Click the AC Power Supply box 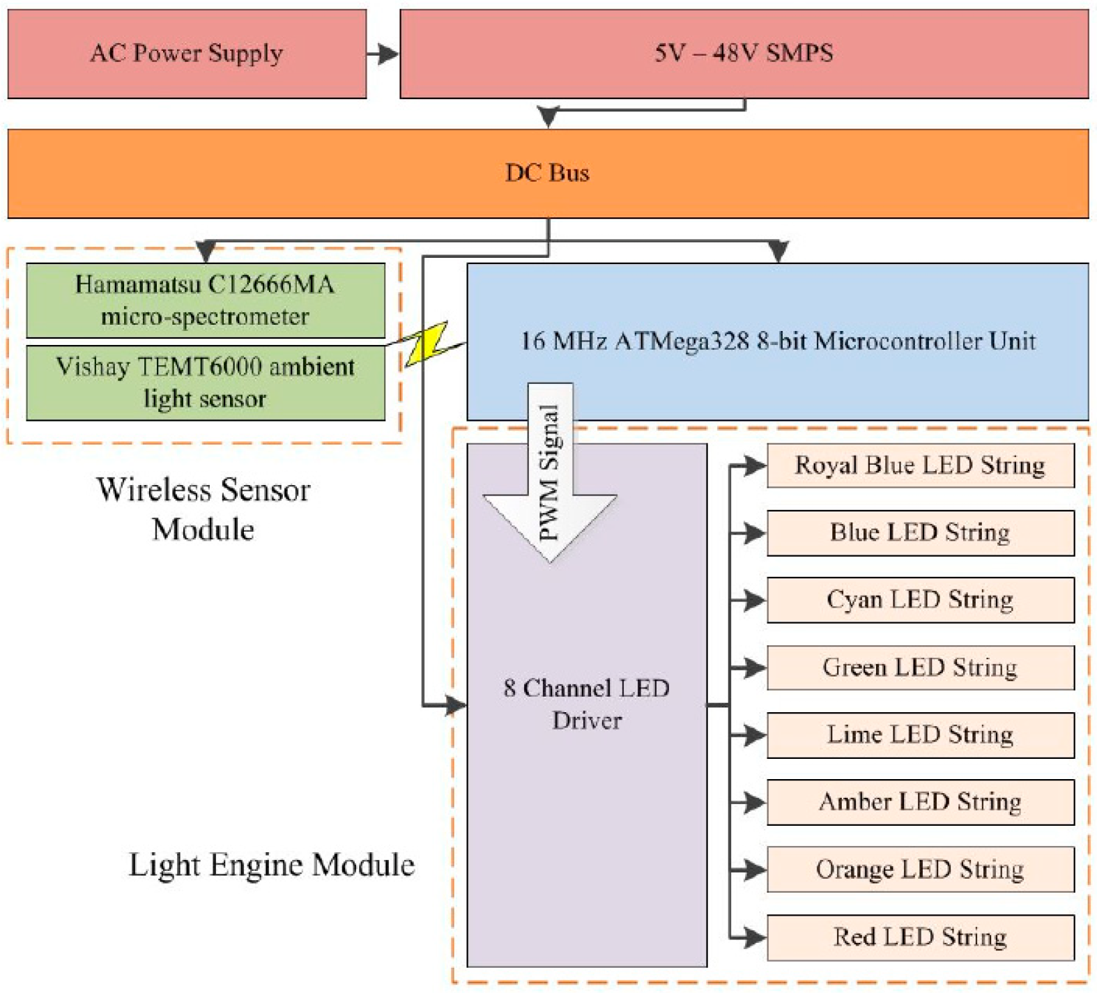187,54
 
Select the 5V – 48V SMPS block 744,54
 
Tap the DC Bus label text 547,173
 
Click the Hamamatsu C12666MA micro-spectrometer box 206,300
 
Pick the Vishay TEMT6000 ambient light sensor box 206,383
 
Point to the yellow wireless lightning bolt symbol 426,344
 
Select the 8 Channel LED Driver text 586,704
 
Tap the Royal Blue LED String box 920,465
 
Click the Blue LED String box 920,533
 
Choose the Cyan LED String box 920,600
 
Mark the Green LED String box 920,668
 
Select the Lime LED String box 920,735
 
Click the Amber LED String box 920,802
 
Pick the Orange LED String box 920,870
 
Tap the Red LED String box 920,937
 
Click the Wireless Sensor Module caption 203,509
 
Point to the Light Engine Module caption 272,865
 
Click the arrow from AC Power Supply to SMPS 383,54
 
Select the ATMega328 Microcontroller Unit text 778,341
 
